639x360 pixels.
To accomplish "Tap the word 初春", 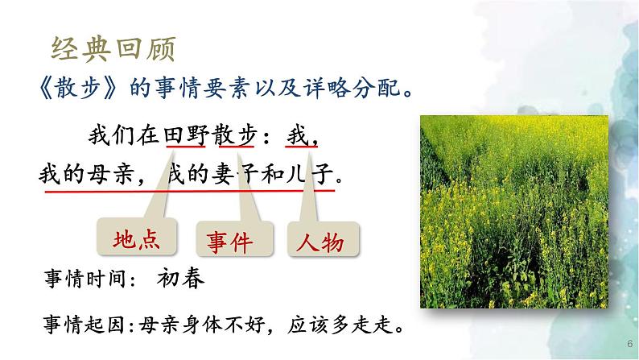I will pos(182,279).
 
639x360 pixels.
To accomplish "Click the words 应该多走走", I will pos(344,328).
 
